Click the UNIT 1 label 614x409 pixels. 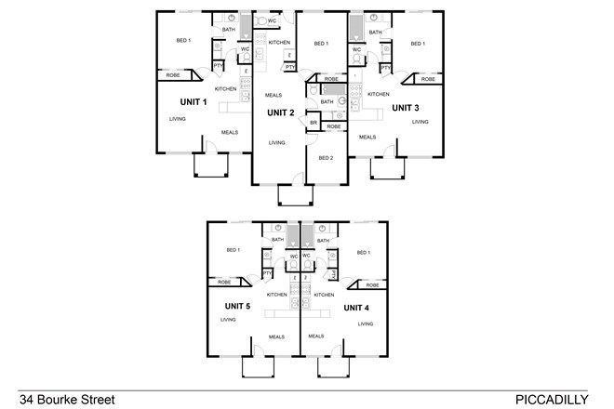[x=194, y=103]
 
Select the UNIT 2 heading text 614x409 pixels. [x=281, y=112]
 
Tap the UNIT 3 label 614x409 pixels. [x=406, y=108]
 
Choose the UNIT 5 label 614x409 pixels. [x=238, y=306]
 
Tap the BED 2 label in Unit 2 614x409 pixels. [x=326, y=158]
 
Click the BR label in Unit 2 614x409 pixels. [x=314, y=123]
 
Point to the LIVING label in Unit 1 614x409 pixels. [x=177, y=119]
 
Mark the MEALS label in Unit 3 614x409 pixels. [x=367, y=137]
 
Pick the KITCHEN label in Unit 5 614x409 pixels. [x=276, y=295]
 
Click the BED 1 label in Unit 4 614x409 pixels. [x=363, y=253]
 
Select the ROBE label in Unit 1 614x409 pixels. [x=173, y=74]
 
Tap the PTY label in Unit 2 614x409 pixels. [x=290, y=67]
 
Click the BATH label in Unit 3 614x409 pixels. [x=375, y=33]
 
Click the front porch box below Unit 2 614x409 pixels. [x=292, y=194]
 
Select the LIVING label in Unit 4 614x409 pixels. [x=366, y=324]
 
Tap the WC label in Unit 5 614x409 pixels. [x=293, y=256]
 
